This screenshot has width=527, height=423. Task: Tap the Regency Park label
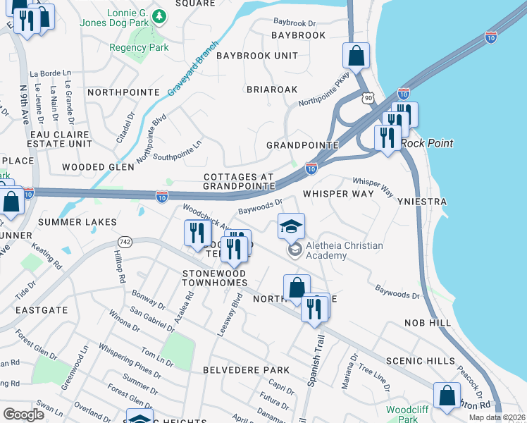coord(139,48)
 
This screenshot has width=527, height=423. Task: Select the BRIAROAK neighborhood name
coord(272,90)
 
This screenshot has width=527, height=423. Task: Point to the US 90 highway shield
coord(366,98)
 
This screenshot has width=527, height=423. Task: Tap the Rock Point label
coord(427,143)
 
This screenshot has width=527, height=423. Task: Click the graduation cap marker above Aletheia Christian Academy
coord(291,227)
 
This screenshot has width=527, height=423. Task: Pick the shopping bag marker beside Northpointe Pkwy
coord(356,56)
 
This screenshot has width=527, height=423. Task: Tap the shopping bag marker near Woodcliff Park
coord(447,396)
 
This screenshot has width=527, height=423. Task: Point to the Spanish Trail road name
coord(314,360)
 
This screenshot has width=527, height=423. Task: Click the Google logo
coord(23,415)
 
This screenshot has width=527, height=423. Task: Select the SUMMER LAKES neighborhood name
coord(77,222)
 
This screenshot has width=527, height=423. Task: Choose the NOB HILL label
coord(427,322)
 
